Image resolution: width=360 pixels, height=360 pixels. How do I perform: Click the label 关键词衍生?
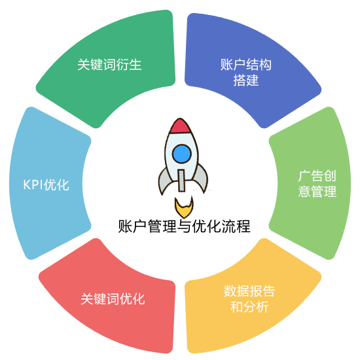(x=109, y=65)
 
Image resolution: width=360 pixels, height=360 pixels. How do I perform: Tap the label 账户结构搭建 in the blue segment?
(x=246, y=72)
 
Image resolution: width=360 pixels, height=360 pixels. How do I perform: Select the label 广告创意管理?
(x=317, y=184)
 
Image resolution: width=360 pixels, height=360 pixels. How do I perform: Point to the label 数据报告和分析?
(x=249, y=299)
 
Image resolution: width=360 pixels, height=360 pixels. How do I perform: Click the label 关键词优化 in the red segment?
(x=113, y=298)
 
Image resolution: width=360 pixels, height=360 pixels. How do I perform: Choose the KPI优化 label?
(x=46, y=185)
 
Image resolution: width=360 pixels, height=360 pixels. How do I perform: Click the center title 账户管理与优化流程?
(x=184, y=226)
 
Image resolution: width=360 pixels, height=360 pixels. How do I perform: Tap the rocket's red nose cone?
(x=180, y=126)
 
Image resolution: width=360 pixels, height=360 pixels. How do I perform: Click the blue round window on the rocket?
(x=181, y=154)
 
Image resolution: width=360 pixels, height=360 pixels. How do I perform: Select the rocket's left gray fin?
(x=164, y=181)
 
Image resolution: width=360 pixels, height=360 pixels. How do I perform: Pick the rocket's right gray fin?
(x=201, y=179)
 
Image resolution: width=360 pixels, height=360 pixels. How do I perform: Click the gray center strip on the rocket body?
(x=181, y=181)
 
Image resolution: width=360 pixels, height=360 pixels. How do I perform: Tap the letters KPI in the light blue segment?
(x=33, y=185)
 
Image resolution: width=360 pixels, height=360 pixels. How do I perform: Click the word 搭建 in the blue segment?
(x=246, y=80)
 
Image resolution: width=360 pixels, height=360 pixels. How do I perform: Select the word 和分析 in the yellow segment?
(x=249, y=307)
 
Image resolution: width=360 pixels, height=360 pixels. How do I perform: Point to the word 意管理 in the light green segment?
(x=317, y=191)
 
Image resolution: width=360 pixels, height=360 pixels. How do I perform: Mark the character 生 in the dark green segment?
(x=135, y=65)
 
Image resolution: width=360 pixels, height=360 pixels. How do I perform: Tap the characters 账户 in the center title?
(x=132, y=226)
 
